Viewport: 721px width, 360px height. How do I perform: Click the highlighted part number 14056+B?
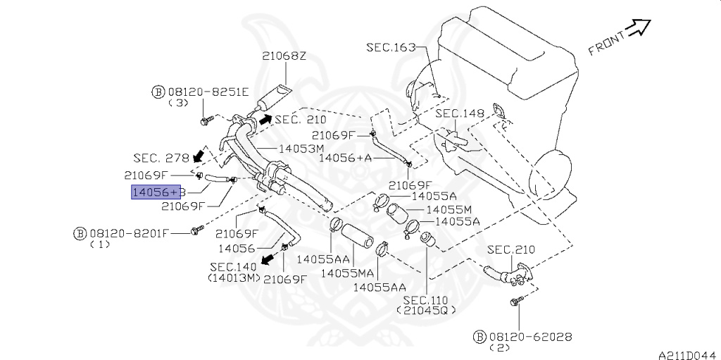pyautogui.click(x=156, y=191)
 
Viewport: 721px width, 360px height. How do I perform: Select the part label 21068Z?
pyautogui.click(x=284, y=56)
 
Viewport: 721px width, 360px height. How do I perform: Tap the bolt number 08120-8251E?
pyautogui.click(x=208, y=92)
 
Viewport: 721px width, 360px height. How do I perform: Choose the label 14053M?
pyautogui.click(x=301, y=149)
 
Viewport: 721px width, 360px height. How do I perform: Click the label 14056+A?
pyautogui.click(x=345, y=158)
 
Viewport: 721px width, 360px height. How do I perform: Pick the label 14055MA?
pyautogui.click(x=347, y=272)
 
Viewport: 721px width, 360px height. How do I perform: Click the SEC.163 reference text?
pyautogui.click(x=391, y=47)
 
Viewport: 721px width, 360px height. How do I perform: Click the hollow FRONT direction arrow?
pyautogui.click(x=639, y=28)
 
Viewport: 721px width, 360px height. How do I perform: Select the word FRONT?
pyautogui.click(x=606, y=44)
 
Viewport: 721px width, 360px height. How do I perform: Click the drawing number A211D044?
pyautogui.click(x=687, y=354)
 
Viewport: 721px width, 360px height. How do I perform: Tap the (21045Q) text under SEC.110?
pyautogui.click(x=426, y=310)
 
